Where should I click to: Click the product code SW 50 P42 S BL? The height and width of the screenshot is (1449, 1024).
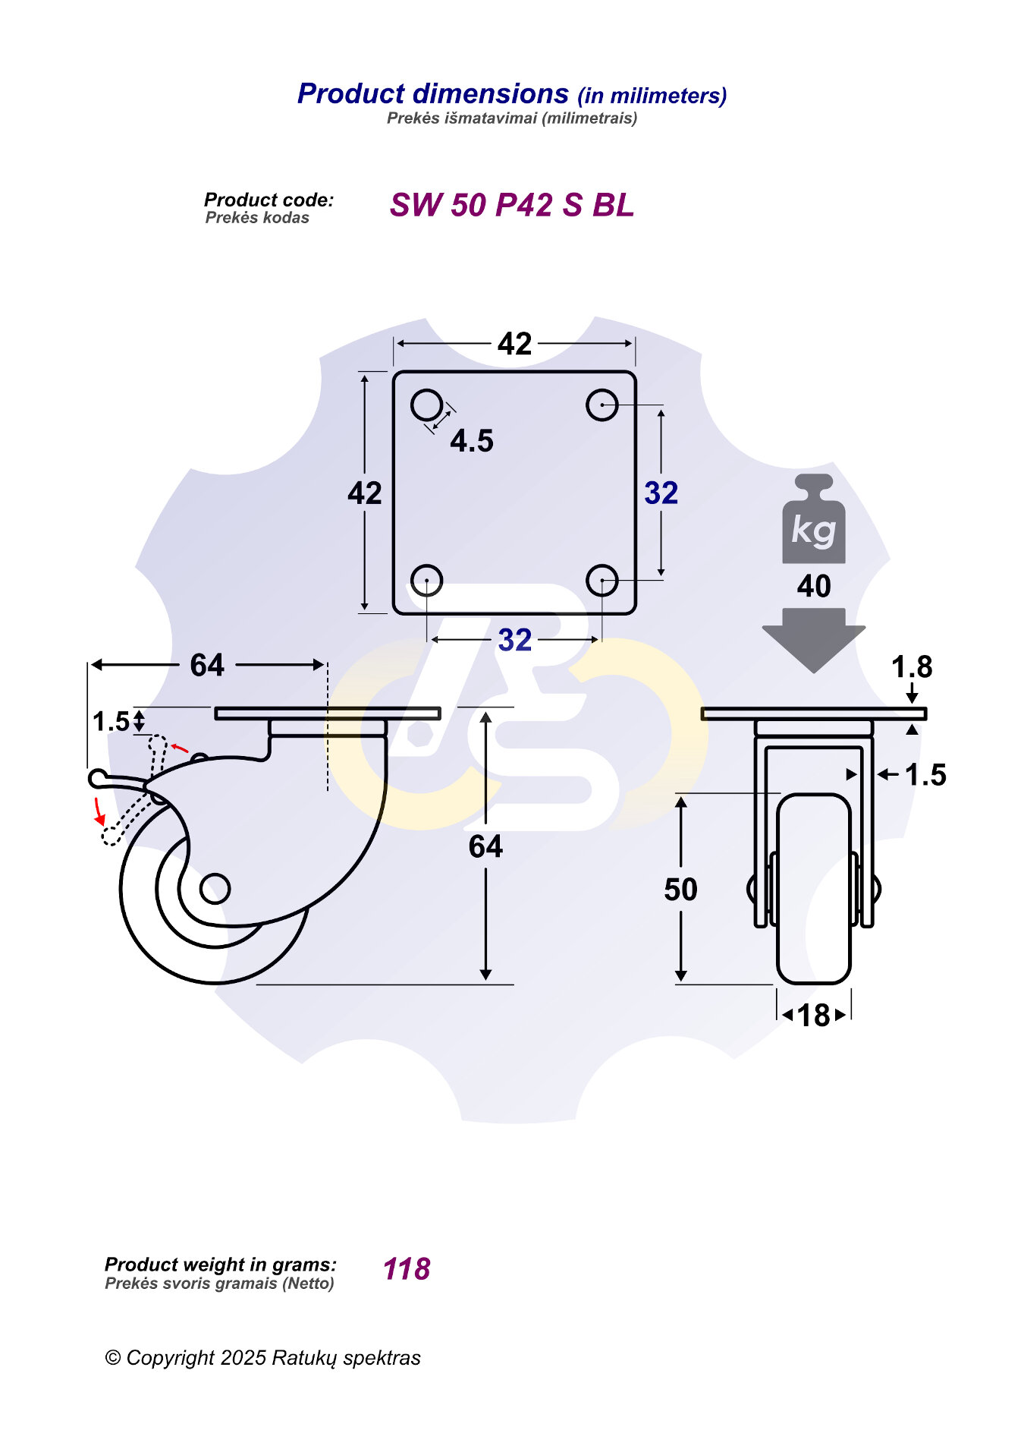512,205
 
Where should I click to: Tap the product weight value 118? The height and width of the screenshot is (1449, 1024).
407,1269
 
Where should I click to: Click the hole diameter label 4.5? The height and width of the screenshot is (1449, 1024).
472,441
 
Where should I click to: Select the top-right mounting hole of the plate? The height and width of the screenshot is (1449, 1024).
602,405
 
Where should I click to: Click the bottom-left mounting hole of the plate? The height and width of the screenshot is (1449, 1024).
427,581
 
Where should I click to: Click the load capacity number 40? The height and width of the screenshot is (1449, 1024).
814,586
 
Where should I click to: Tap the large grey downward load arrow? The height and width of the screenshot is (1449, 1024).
814,640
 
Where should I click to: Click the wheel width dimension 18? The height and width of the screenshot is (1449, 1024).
814,1015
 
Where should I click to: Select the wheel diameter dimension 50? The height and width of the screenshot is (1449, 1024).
680,890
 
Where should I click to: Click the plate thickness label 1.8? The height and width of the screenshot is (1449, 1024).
912,667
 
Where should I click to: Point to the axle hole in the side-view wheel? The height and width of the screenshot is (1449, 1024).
215,888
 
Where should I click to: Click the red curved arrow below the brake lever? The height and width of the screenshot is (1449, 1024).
99,811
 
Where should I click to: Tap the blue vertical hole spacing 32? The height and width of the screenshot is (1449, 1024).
661,493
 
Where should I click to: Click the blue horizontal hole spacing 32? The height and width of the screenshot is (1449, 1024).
515,640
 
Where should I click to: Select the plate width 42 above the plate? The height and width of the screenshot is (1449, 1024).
515,344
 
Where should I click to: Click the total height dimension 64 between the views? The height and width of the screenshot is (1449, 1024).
485,846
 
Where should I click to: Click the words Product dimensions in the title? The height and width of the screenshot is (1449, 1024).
433,93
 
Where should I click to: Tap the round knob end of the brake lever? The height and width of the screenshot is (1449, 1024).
98,778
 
